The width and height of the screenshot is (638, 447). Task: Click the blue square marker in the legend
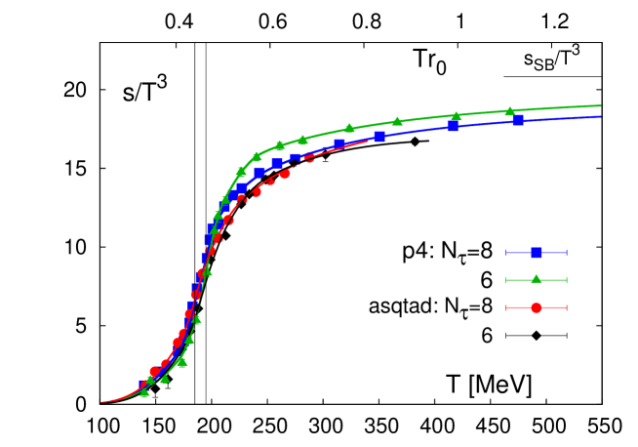click(536, 253)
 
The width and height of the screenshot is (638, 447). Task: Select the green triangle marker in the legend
click(536, 279)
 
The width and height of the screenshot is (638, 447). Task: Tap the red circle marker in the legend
click(536, 307)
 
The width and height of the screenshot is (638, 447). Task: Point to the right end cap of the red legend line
click(566, 307)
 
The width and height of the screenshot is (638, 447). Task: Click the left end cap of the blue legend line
click(505, 253)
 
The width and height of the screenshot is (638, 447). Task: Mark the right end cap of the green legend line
click(566, 280)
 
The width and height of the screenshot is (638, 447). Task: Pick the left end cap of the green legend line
click(505, 280)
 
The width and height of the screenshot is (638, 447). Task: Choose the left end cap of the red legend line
click(505, 307)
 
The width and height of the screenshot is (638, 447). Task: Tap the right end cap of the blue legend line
click(566, 253)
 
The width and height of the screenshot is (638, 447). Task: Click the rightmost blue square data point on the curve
click(518, 120)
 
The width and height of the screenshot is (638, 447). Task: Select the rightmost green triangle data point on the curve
click(509, 111)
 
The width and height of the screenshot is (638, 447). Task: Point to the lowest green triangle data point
click(144, 392)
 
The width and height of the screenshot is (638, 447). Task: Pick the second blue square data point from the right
click(453, 126)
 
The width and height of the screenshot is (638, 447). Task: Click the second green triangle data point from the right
click(456, 116)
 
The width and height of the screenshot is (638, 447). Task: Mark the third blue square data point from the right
click(379, 136)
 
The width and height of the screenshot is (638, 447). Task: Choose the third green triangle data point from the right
click(397, 121)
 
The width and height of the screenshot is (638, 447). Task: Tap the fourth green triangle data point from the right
click(350, 128)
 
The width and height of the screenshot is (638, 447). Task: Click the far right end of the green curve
click(601, 105)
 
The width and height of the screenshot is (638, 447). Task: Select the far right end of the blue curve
click(601, 116)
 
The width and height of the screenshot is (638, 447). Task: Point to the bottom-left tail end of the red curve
click(100, 401)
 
